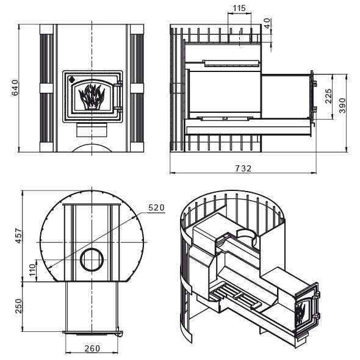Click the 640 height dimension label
pyautogui.click(x=15, y=88)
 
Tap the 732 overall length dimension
pyautogui.click(x=243, y=169)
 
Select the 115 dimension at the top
pyautogui.click(x=239, y=8)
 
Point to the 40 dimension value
pyautogui.click(x=267, y=23)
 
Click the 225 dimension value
pyautogui.click(x=328, y=96)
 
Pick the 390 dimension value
pyautogui.click(x=342, y=106)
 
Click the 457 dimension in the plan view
pyautogui.click(x=18, y=236)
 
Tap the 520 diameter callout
pyautogui.click(x=156, y=207)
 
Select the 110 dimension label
pyautogui.click(x=32, y=270)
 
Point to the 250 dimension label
pyautogui.click(x=18, y=306)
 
